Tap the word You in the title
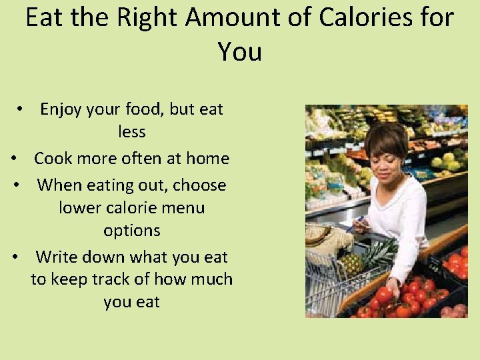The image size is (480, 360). coord(240,51)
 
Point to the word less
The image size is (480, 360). coord(132,132)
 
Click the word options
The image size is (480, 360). coord(132,231)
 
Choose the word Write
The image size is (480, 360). coord(59,257)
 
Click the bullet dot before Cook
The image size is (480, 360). coord(14,159)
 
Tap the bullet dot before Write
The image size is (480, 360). coord(14,258)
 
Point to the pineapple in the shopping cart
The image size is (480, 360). coord(352,262)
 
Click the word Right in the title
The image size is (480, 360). coord(148,18)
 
